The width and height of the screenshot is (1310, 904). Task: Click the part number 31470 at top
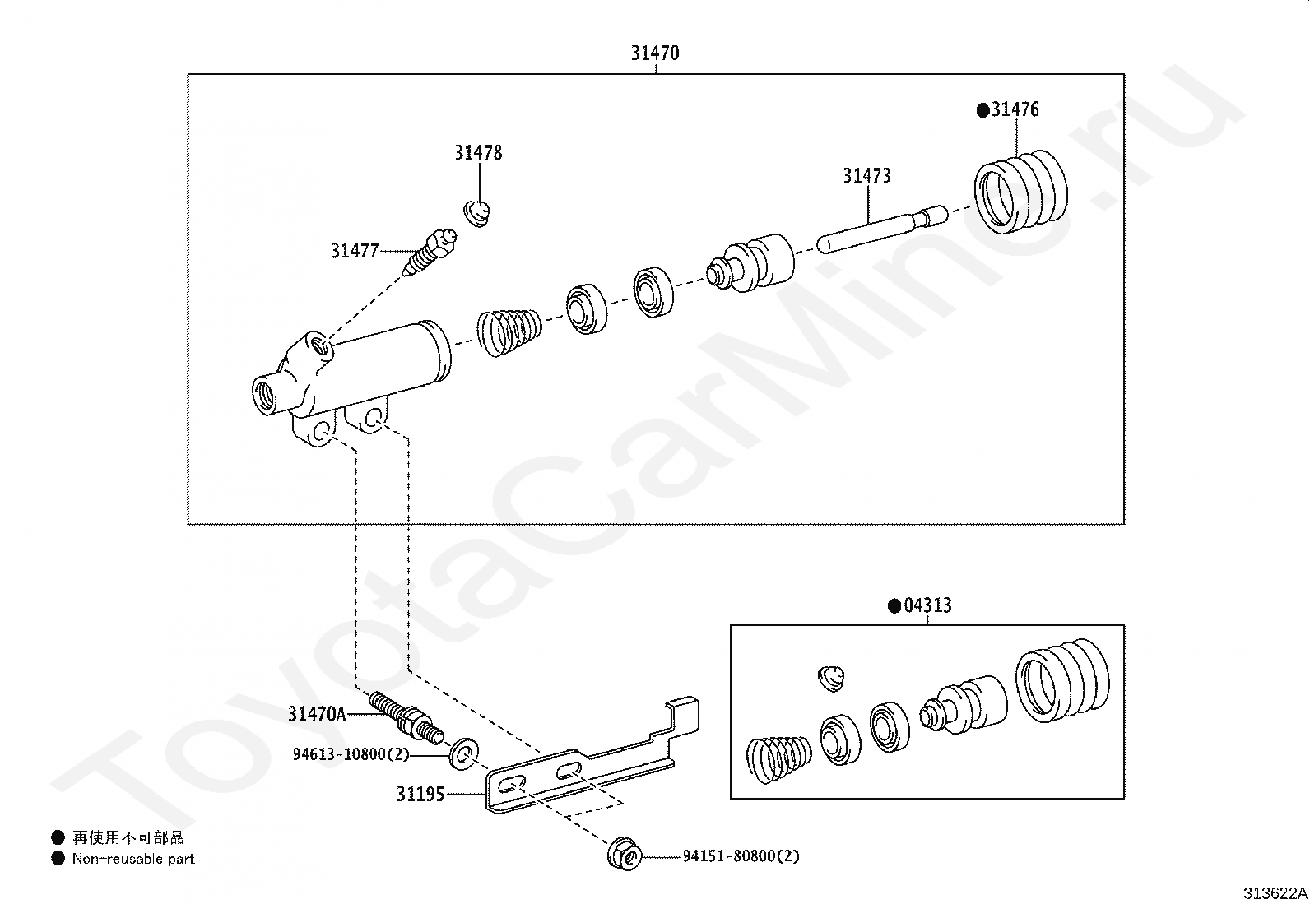click(655, 53)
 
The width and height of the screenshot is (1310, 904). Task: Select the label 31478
click(478, 153)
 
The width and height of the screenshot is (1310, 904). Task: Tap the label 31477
click(355, 251)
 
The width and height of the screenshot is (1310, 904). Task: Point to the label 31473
click(866, 176)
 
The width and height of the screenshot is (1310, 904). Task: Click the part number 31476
click(1014, 110)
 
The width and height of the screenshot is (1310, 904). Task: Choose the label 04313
click(927, 606)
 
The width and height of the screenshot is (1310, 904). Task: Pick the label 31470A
click(317, 714)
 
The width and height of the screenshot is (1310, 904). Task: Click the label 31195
click(420, 795)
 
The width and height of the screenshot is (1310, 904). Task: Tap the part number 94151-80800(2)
click(741, 856)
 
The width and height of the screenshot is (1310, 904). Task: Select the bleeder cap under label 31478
click(476, 212)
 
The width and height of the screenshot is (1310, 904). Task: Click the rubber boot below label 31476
click(1020, 192)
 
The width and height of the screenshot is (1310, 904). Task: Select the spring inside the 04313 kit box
click(778, 759)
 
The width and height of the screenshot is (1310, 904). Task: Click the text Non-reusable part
click(133, 860)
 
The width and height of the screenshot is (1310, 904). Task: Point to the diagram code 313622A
click(1275, 893)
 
